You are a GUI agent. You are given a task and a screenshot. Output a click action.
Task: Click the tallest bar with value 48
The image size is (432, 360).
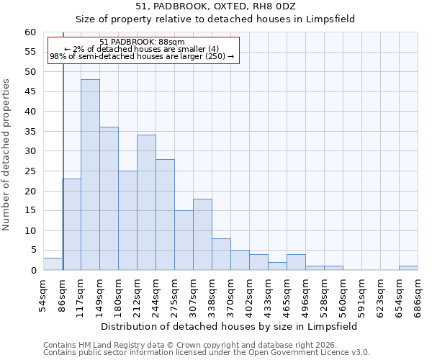[90, 175]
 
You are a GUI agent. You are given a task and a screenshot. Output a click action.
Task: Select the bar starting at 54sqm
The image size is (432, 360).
[53, 264]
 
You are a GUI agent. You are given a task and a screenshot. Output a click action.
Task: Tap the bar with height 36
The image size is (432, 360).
[109, 199]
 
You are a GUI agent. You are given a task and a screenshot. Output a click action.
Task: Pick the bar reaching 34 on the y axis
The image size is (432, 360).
[146, 202]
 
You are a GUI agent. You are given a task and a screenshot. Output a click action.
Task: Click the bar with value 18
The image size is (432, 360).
[202, 235]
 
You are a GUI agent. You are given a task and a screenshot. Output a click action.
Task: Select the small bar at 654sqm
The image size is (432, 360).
[408, 268]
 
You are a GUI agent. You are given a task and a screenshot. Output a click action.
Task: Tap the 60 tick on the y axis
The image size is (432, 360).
[30, 32]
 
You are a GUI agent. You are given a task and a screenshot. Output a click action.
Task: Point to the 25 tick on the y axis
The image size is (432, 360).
[30, 171]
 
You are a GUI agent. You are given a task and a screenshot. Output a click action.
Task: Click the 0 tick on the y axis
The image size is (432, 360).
[33, 271]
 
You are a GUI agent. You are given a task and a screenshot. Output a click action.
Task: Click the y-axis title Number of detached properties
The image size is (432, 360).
[7, 155]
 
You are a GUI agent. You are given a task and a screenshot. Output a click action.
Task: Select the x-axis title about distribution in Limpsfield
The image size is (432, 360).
[229, 326]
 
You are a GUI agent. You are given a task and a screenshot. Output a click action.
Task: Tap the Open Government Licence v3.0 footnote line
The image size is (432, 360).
[207, 353]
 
